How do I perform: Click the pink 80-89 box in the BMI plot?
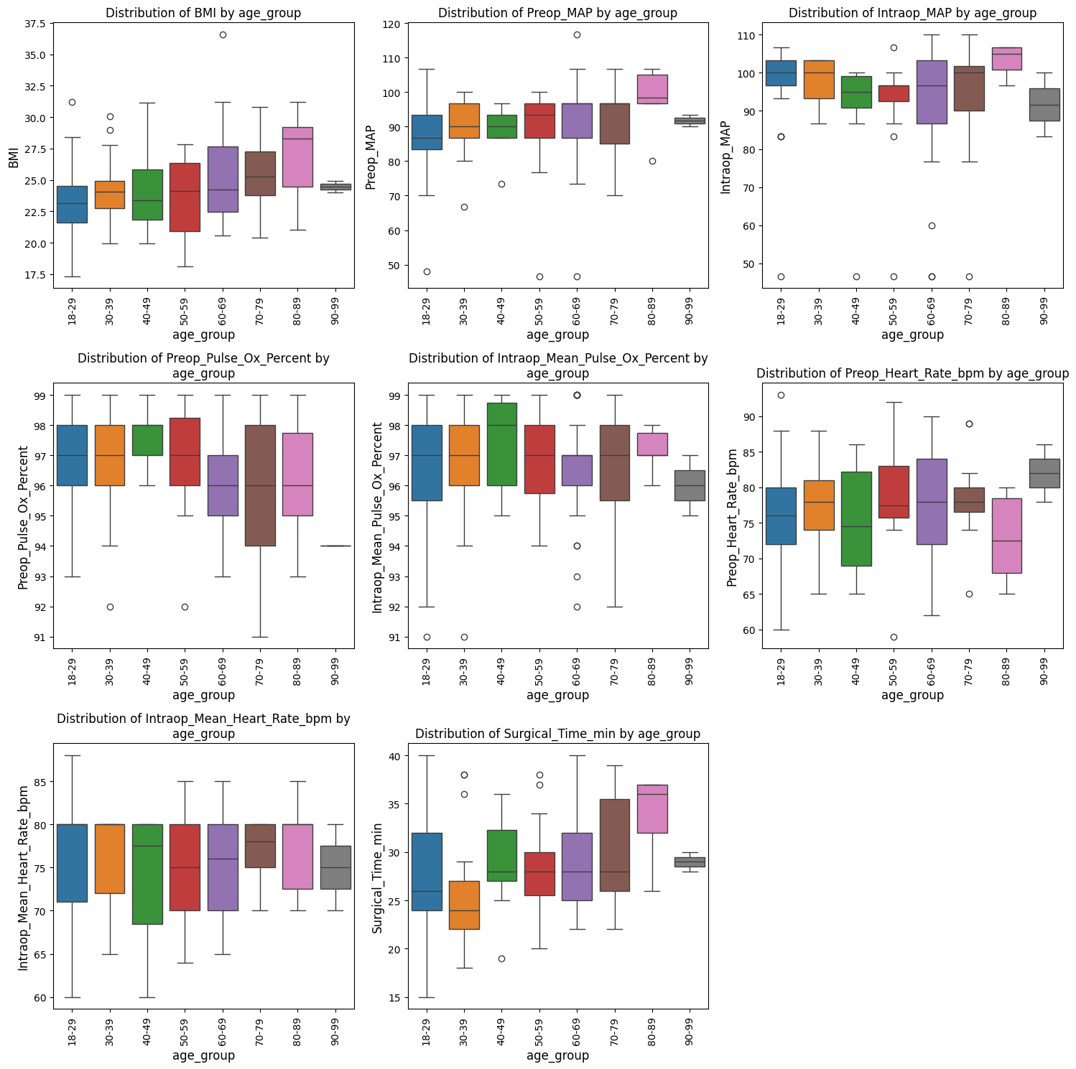[297, 157]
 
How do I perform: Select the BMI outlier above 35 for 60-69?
[223, 34]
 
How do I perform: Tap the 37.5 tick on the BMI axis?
[35, 24]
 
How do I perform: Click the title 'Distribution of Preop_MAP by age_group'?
[557, 13]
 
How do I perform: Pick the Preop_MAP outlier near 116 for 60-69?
[577, 34]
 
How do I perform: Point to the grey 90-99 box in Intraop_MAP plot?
[1044, 105]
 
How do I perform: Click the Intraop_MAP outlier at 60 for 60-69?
[932, 225]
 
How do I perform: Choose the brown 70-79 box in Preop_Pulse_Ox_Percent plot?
[260, 485]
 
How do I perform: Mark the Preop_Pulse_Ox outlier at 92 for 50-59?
[185, 607]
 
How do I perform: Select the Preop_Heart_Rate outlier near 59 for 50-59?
[894, 637]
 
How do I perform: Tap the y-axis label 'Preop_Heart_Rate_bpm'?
[732, 518]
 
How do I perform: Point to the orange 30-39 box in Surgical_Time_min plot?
[464, 905]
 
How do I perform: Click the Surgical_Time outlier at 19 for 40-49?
[501, 958]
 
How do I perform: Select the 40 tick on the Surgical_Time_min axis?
[394, 756]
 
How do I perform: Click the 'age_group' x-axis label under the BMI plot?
[203, 335]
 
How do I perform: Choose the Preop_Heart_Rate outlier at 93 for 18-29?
[781, 395]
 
